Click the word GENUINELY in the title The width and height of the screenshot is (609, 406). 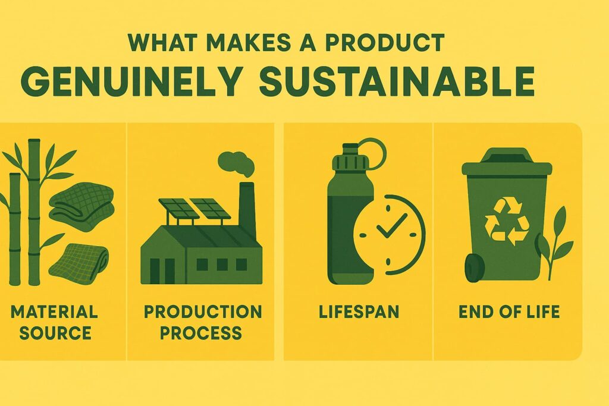(132, 81)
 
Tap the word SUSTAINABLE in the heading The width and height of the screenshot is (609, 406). (397, 81)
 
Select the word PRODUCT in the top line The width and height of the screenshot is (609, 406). (385, 42)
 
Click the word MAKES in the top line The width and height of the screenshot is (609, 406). (248, 42)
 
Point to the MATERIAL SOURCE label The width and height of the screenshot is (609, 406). (54, 322)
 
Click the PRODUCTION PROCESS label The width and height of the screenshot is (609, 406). (202, 322)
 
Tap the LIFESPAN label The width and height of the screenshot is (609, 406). (359, 312)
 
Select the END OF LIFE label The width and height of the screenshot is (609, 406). (509, 312)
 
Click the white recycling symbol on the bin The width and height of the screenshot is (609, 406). (507, 222)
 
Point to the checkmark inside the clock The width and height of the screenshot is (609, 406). (391, 226)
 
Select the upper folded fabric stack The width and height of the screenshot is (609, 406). (81, 207)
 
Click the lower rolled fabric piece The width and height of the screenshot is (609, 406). (79, 263)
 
